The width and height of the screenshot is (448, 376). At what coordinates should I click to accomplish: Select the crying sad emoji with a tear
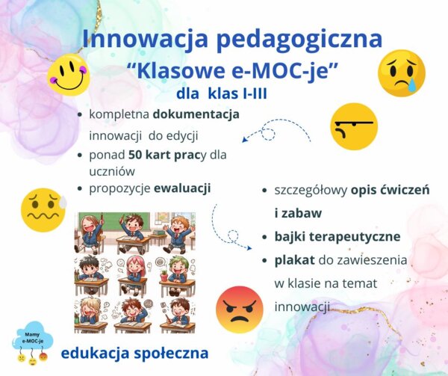(x=401, y=73)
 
